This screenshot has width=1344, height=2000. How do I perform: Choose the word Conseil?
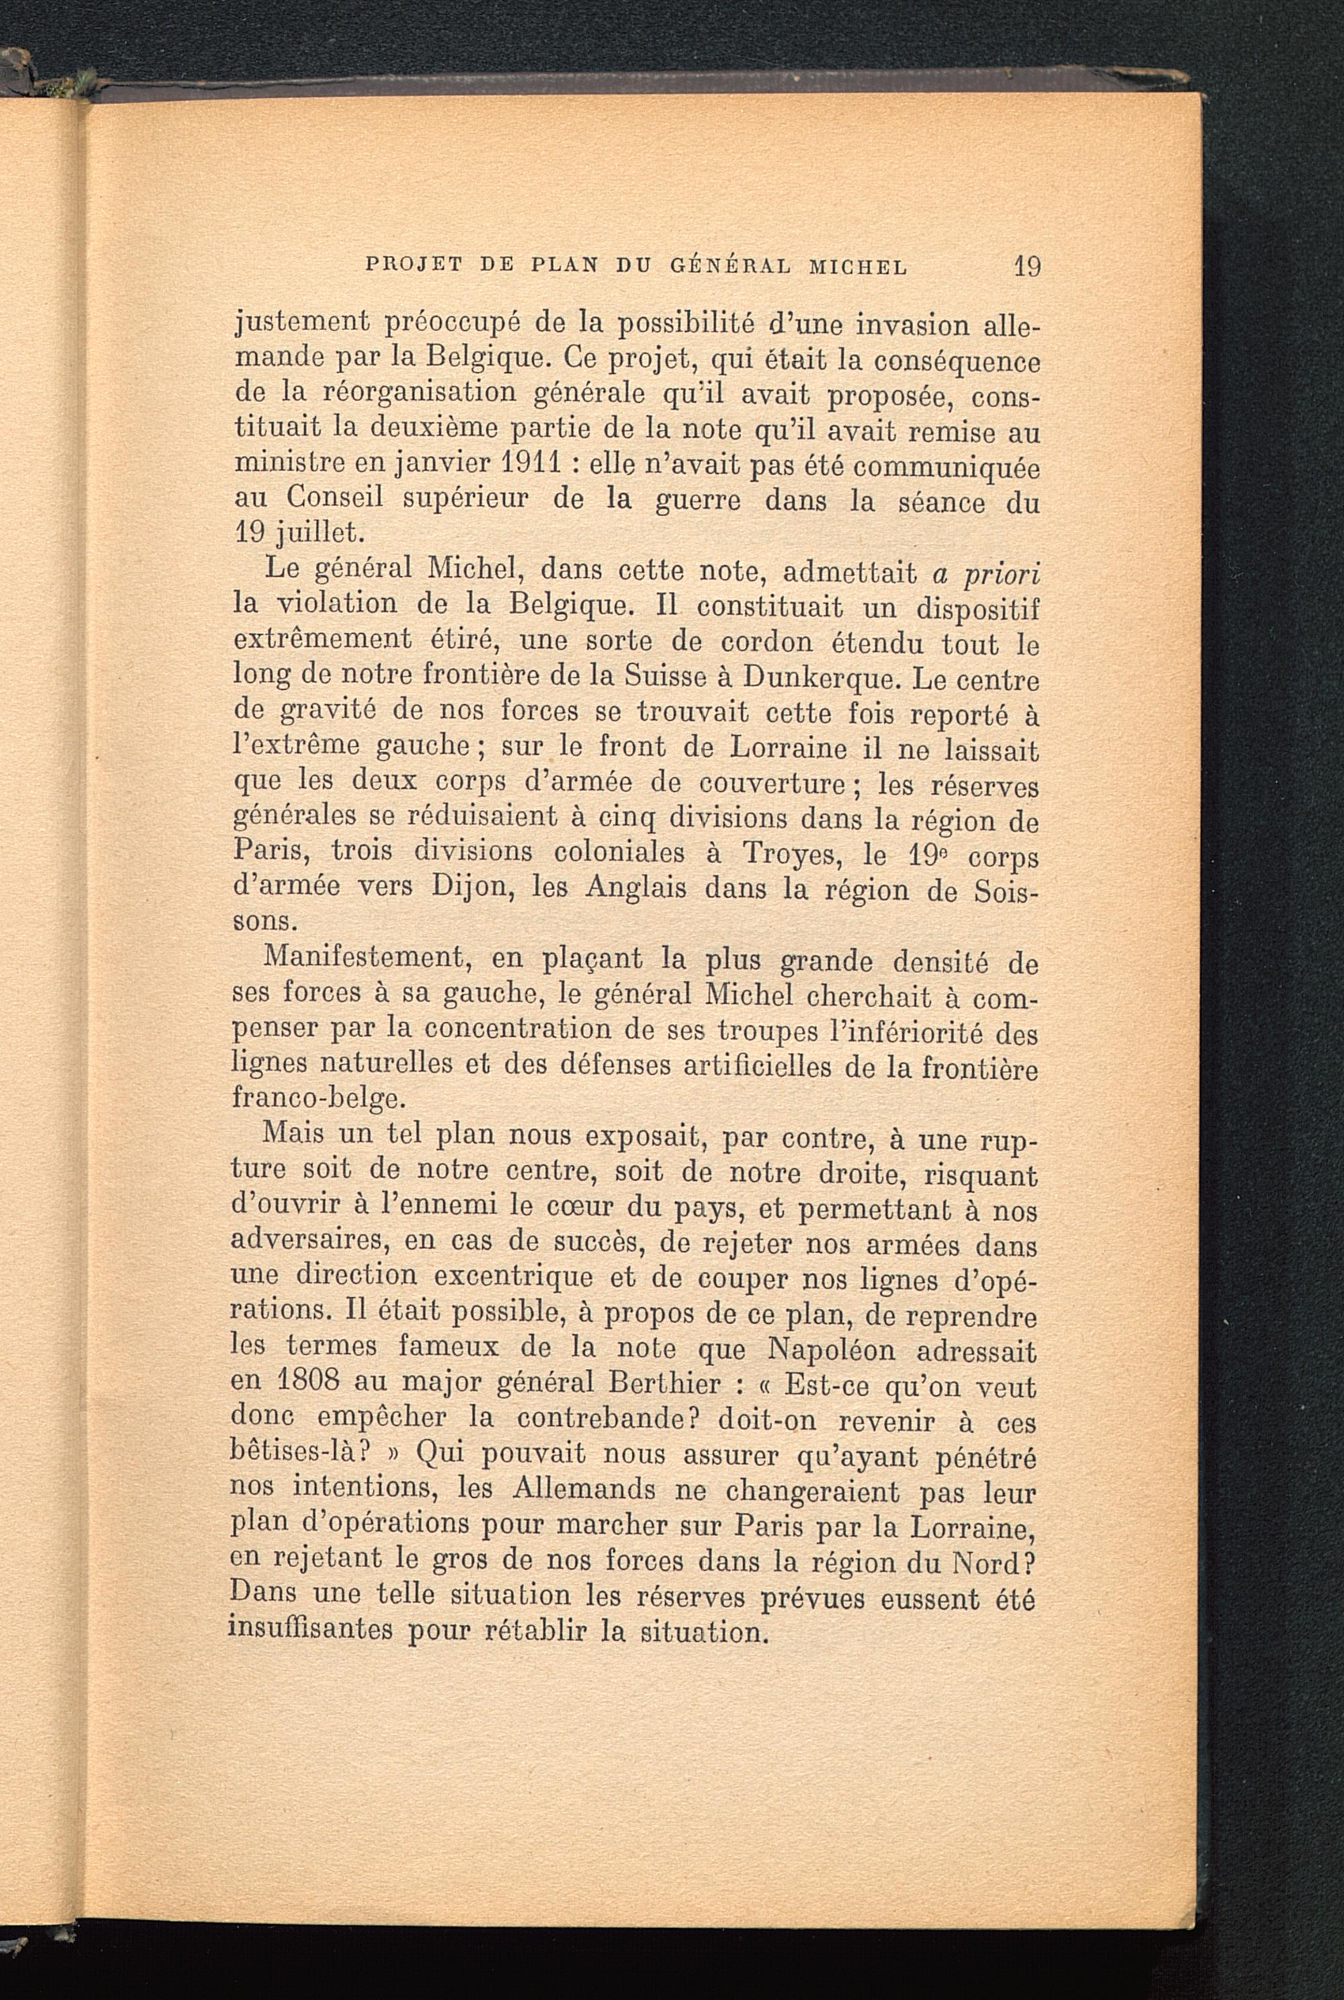coord(333,499)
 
